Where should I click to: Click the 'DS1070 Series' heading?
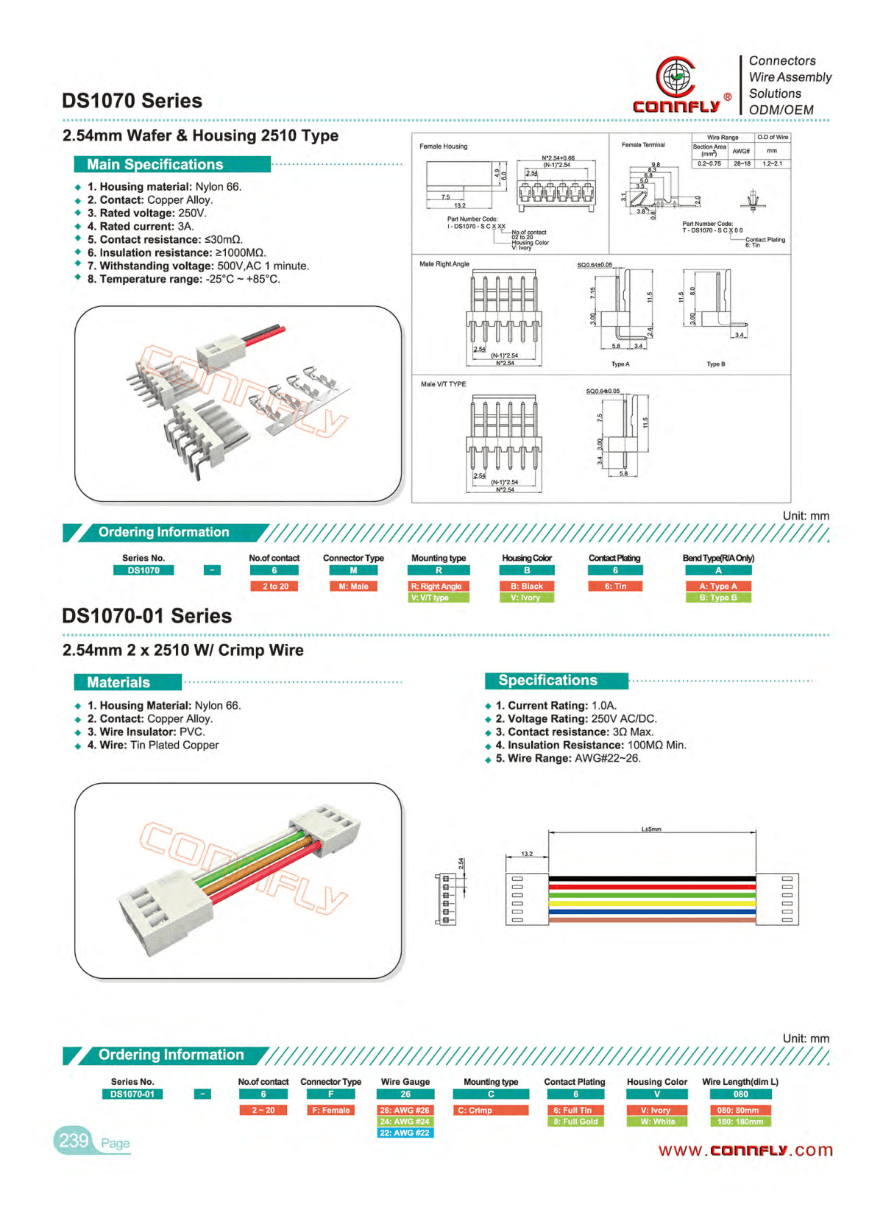132,101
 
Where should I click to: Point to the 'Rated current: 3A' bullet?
140,227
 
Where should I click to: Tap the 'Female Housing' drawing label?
443,146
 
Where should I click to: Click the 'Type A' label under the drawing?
620,364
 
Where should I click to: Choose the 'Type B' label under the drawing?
715,364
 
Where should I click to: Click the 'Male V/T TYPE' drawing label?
443,384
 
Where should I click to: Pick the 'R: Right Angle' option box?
439,587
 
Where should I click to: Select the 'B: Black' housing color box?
527,587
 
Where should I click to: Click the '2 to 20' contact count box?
274,587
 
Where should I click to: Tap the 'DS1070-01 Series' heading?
146,616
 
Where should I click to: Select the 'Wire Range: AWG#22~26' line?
567,759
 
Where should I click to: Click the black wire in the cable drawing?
651,879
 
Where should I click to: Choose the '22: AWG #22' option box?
405,1133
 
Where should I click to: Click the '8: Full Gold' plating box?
575,1122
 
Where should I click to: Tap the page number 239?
74,1141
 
